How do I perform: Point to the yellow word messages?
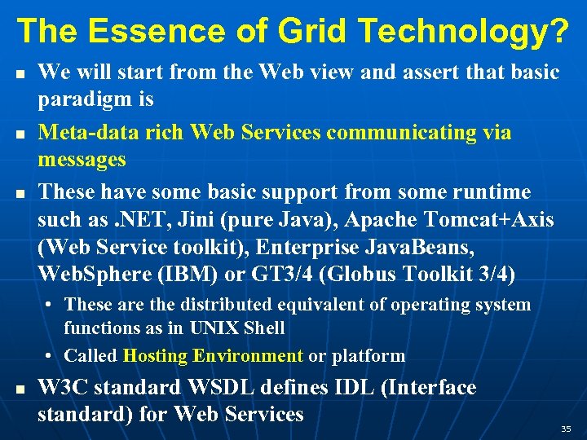(82, 159)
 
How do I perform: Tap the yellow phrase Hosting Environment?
(213, 355)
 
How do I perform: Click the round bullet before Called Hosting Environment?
(51, 356)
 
